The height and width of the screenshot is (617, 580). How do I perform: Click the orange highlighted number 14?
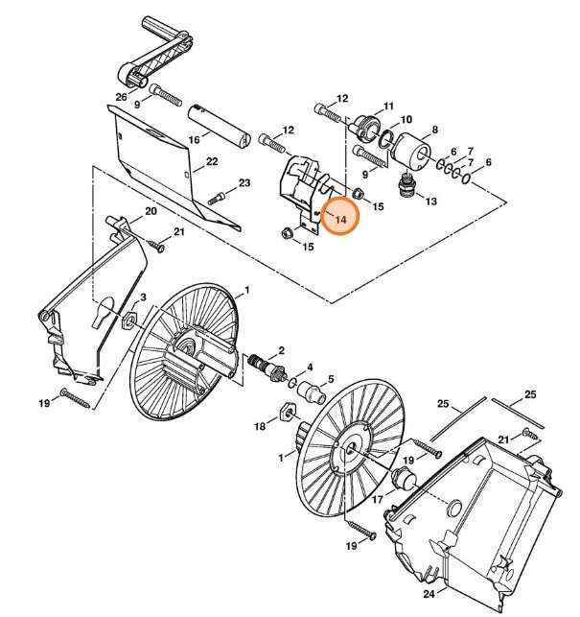(x=339, y=217)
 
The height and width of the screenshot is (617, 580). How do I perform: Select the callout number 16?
(x=194, y=139)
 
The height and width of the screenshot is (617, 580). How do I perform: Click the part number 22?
(x=212, y=163)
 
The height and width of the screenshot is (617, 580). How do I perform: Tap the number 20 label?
(x=151, y=211)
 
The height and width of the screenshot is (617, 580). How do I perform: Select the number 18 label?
(x=259, y=425)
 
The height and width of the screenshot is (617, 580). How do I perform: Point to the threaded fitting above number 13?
(x=410, y=183)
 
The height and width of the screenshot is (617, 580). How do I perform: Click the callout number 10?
(x=406, y=120)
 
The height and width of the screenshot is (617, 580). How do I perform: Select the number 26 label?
(x=121, y=96)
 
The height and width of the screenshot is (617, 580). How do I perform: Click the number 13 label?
(x=430, y=201)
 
